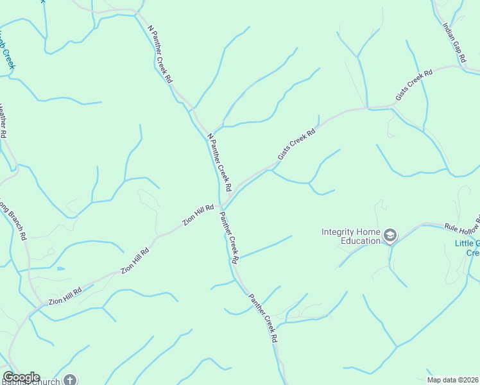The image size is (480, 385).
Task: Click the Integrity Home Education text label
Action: (x=351, y=236)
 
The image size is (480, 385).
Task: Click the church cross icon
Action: (x=70, y=380)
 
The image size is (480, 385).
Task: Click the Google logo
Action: (x=21, y=377)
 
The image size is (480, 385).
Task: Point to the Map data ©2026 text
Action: (x=453, y=380)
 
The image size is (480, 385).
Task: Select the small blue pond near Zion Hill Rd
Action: (x=61, y=268)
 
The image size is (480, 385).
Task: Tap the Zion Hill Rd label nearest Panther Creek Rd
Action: (x=198, y=215)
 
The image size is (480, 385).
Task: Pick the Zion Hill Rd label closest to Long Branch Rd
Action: (x=65, y=296)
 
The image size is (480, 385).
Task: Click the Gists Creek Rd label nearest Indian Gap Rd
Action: (x=414, y=85)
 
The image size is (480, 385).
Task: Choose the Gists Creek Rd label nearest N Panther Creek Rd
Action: (x=296, y=145)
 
